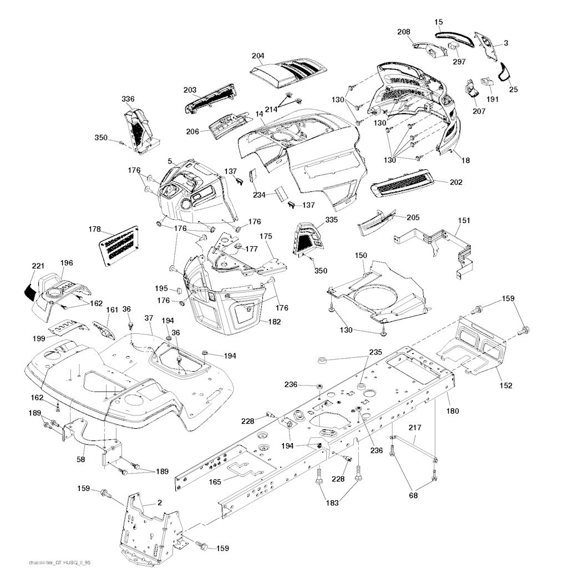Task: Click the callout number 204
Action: click(257, 56)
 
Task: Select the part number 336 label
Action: click(128, 99)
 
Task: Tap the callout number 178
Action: click(94, 229)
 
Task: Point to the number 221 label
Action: click(38, 266)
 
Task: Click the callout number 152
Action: click(506, 385)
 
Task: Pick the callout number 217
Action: click(415, 428)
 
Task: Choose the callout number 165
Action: click(215, 482)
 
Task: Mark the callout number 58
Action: click(80, 459)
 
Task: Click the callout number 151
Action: click(464, 220)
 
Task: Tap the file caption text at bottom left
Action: click(59, 562)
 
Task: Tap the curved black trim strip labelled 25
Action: click(504, 72)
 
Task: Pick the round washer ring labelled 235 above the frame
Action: click(321, 360)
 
